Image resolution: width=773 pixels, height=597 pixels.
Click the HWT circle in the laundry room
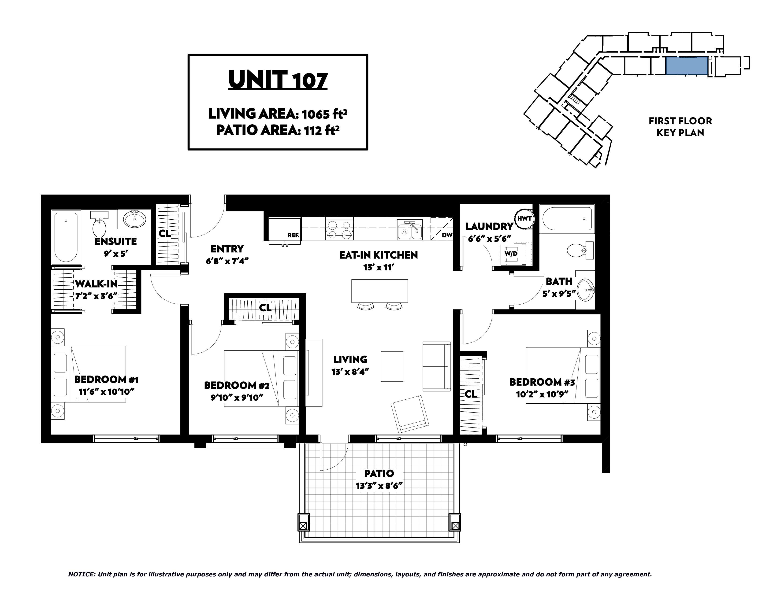(x=524, y=219)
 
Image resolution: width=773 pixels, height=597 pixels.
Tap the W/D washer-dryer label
(x=511, y=254)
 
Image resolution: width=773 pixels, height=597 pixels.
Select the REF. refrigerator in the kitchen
(x=285, y=231)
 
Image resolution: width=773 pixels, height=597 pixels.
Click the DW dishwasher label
(x=447, y=235)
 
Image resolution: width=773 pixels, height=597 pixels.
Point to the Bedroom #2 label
(x=237, y=386)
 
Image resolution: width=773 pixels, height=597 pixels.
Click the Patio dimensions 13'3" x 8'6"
(x=379, y=486)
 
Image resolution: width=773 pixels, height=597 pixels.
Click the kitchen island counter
(x=380, y=291)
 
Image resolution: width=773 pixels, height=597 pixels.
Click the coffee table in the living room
(x=392, y=366)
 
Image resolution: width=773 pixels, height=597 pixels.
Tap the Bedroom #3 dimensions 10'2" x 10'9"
(x=542, y=394)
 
